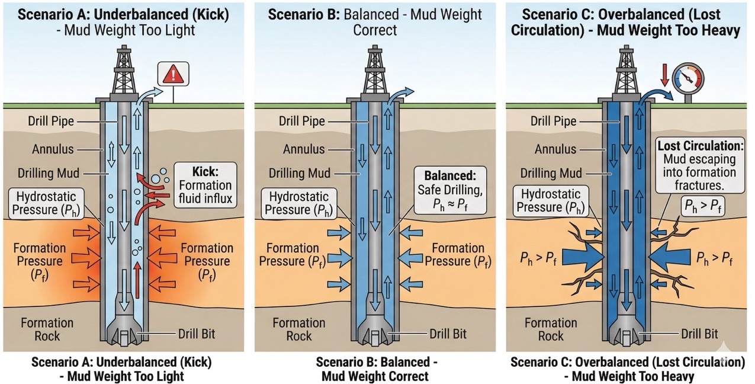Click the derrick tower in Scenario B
tap(375, 70)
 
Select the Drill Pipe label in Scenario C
tap(553, 121)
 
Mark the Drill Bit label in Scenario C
tap(699, 334)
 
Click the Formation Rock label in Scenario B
tap(299, 329)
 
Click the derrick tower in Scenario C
tap(627, 70)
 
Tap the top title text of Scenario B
tap(374, 21)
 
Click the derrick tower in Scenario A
tap(124, 70)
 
